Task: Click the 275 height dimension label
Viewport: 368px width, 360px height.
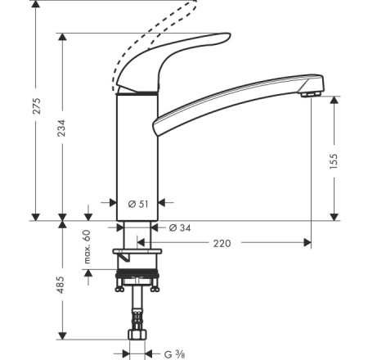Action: (37, 106)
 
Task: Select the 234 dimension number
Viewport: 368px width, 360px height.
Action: (61, 128)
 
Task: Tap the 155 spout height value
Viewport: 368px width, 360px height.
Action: (334, 161)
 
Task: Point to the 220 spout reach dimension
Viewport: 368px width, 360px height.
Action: (222, 243)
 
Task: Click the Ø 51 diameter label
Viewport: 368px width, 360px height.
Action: (138, 204)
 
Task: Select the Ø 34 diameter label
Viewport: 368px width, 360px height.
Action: (180, 227)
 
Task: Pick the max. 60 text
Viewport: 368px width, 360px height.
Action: (87, 247)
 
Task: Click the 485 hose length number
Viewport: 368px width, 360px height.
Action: (61, 285)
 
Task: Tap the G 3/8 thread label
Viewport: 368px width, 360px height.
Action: (175, 354)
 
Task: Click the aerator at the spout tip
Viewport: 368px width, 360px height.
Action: (311, 94)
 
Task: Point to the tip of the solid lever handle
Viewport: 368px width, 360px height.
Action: (230, 34)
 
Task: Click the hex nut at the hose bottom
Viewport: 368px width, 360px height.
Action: (137, 335)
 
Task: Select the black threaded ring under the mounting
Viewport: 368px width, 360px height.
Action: (137, 273)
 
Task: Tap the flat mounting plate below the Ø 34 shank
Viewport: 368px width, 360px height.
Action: (137, 251)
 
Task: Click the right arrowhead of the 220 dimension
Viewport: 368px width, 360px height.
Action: (307, 242)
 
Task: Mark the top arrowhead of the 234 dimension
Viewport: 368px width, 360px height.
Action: (63, 37)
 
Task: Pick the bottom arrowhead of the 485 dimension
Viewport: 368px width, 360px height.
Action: (63, 335)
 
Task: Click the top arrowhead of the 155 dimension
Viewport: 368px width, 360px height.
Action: (334, 100)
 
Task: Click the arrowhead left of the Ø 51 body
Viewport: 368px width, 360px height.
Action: (113, 203)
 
